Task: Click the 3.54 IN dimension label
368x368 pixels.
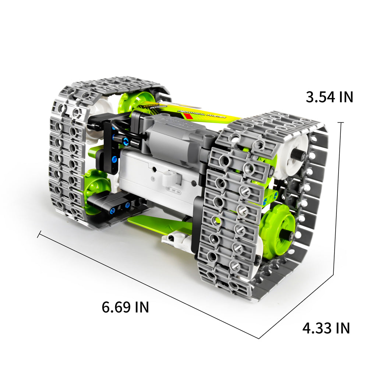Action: point(329,97)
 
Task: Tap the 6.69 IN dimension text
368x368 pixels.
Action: point(125,307)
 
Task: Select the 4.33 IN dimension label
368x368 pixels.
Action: point(326,328)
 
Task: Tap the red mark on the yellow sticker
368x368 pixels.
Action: point(188,116)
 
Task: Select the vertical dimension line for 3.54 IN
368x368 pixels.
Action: point(338,199)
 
